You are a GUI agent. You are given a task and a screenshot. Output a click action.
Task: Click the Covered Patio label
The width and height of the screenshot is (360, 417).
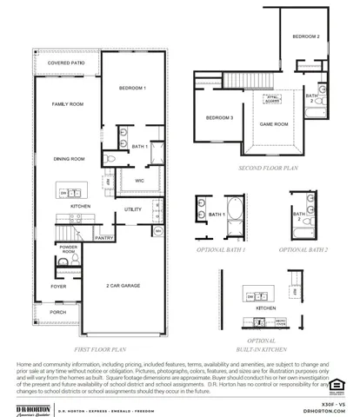click(x=66, y=63)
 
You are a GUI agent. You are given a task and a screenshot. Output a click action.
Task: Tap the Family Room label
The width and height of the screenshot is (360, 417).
click(x=67, y=103)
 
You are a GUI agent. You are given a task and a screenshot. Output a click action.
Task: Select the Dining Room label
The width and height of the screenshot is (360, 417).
click(x=68, y=159)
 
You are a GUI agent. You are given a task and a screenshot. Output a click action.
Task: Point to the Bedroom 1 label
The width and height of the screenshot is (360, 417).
click(x=132, y=89)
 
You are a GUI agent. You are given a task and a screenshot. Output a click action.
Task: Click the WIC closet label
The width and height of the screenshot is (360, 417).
click(x=138, y=181)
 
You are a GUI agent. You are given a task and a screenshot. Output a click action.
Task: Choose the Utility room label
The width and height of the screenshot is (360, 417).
click(x=133, y=209)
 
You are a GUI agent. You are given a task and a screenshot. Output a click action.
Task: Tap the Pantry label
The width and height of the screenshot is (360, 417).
click(x=103, y=237)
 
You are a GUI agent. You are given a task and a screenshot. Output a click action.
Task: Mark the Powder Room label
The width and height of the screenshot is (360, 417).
click(x=68, y=249)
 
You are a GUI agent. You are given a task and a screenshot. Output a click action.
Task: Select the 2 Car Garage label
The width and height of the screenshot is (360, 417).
click(x=124, y=286)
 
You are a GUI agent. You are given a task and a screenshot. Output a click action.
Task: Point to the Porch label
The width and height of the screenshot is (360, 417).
click(x=58, y=312)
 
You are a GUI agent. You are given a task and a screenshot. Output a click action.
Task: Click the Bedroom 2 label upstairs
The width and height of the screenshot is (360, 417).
click(x=305, y=36)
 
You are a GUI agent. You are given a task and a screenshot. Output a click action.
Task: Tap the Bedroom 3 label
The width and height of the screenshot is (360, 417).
click(x=219, y=117)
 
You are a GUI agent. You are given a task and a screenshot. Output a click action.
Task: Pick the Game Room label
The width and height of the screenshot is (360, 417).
click(x=274, y=124)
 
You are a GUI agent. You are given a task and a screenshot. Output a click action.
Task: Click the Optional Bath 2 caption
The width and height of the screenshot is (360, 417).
click(x=303, y=249)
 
